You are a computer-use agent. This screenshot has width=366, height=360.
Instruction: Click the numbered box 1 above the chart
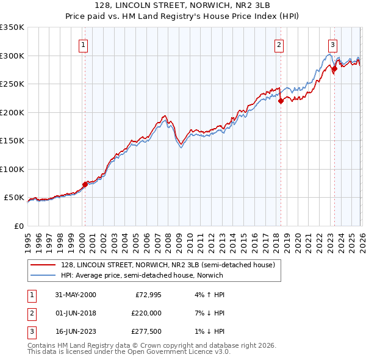(x=82, y=44)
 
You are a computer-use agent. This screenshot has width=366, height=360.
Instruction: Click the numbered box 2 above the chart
(x=279, y=44)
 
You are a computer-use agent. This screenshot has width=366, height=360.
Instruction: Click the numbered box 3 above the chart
(x=333, y=44)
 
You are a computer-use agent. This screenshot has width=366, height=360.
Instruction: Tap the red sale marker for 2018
(x=281, y=101)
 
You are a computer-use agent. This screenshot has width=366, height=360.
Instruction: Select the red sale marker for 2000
(x=85, y=184)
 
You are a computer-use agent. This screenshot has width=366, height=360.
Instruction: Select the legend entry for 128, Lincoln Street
(x=168, y=265)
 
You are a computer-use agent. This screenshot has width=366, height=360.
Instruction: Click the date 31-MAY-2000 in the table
(x=75, y=295)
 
